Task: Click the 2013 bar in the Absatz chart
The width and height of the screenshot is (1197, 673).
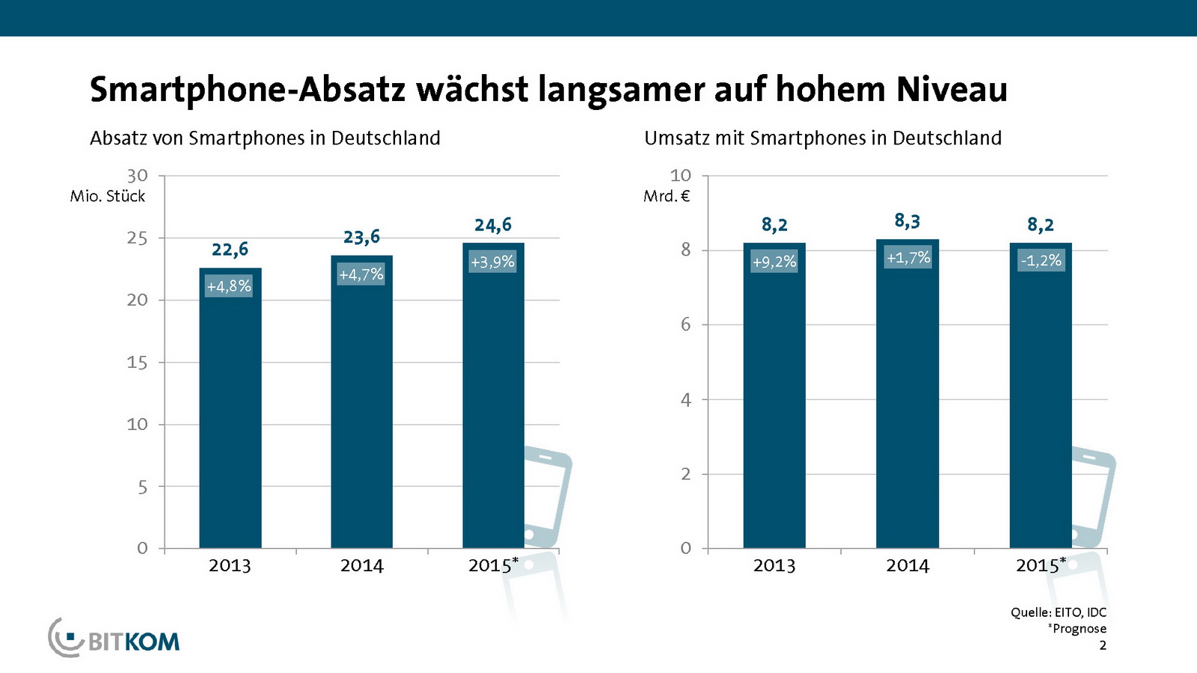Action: point(230,419)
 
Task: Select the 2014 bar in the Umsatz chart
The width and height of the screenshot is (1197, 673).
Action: point(907,404)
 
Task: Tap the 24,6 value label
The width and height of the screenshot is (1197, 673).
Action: point(493,225)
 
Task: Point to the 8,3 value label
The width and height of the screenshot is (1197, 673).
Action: point(907,221)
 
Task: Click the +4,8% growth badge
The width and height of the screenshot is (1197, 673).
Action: point(229,286)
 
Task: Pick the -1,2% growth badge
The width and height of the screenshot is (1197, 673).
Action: point(1041,260)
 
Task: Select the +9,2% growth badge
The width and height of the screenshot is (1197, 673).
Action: point(774,262)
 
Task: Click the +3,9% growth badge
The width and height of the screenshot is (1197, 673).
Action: point(492,262)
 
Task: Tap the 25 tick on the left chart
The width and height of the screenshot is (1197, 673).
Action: point(137,238)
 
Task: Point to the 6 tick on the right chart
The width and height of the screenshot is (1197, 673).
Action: point(685,325)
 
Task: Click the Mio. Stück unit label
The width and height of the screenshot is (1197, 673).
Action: point(108,196)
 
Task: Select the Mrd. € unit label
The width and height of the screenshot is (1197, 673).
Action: point(667,196)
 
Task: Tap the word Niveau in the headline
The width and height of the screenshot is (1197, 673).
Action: point(952,90)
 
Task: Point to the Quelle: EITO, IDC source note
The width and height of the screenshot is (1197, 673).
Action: point(1058,612)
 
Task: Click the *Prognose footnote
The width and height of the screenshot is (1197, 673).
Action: point(1077,629)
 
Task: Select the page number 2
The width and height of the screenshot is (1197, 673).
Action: point(1102,645)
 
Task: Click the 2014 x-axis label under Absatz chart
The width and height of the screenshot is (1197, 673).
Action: point(361,566)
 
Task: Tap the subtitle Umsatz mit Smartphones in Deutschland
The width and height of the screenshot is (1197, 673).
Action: point(823,138)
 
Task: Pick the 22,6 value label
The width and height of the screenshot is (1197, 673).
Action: point(230,250)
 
